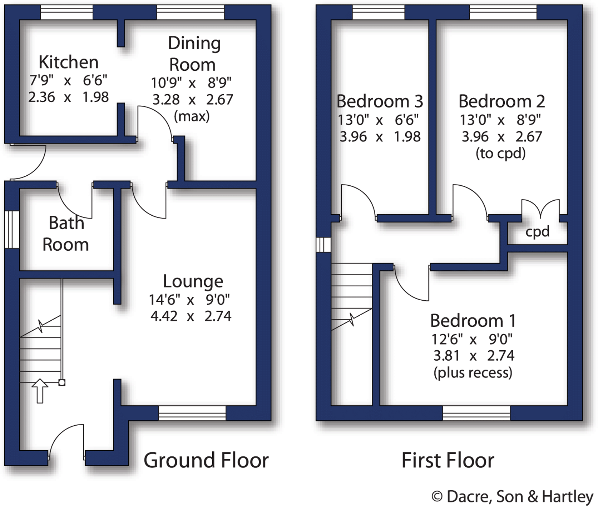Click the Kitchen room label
pos(68,62)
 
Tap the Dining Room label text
pos(194,54)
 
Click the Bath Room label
pos(66,234)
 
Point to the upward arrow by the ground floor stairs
pos(40,391)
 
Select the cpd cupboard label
pos(537,232)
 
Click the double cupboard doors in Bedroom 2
pos(540,208)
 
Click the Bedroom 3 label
pos(380,101)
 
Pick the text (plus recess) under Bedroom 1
pos(473,373)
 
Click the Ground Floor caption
pos(206,460)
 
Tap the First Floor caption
pos(448,460)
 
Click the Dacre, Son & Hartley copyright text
pos(513,497)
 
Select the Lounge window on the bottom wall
pos(192,413)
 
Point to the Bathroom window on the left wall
pos(12,230)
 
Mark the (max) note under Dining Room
pos(192,116)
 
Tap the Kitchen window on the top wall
pos(66,12)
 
